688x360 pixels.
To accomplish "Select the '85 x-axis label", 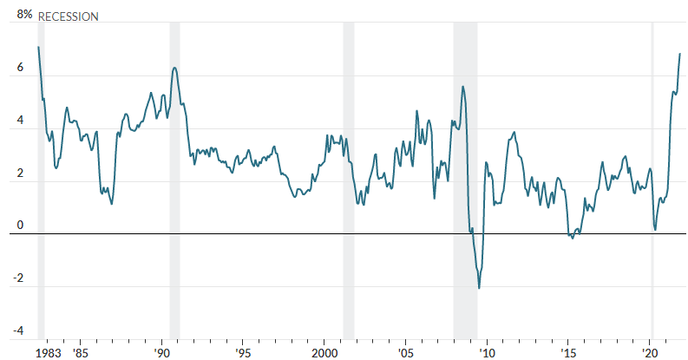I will tap(81, 353).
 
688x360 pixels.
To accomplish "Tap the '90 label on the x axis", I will tap(162, 353).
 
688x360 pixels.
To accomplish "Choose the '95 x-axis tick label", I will tap(244, 353).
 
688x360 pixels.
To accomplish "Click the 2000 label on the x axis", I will tap(324, 353).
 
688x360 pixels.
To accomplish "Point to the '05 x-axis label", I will tap(406, 353).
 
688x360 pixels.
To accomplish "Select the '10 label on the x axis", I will tap(488, 353).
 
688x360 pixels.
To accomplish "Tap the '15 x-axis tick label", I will tap(568, 353).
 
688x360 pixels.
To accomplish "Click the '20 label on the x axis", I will tap(650, 353).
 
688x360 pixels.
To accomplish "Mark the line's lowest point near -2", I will tap(479, 288).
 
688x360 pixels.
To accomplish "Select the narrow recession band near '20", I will tap(652, 173).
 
